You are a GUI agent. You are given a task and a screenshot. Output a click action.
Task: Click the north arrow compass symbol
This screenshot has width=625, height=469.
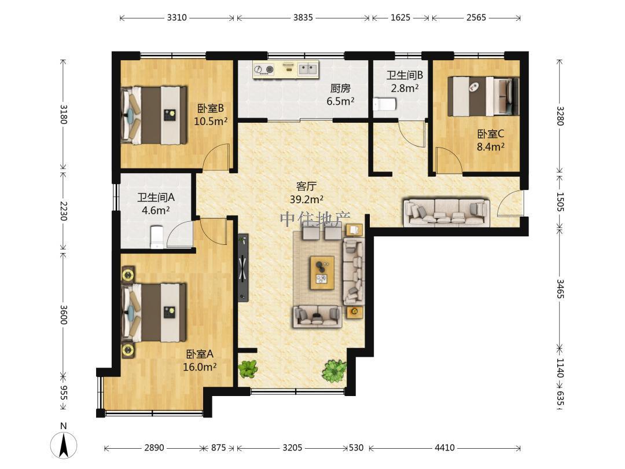coord(64,444)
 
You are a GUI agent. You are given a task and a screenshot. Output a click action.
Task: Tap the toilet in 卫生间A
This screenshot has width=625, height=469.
coord(156,237)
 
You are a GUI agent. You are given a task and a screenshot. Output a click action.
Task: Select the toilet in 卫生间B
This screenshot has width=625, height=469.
coord(384,104)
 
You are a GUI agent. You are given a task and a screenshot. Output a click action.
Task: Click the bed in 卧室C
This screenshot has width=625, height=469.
coord(483,96)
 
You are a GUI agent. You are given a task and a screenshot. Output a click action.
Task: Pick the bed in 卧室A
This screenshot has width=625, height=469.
coord(154,313)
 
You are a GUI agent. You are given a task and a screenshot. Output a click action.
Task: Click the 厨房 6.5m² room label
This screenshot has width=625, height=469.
coord(340,94)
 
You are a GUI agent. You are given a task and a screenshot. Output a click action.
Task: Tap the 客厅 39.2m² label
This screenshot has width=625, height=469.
coord(306,193)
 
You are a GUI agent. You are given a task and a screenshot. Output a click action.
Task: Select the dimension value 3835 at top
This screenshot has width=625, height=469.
coord(303,17)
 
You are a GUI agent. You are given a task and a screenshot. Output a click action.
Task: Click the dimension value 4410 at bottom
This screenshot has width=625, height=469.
coord(444,448)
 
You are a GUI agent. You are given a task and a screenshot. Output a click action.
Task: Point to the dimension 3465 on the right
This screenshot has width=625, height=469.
coord(560,289)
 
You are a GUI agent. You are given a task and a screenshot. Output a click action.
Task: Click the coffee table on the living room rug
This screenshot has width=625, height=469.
coord(322,273)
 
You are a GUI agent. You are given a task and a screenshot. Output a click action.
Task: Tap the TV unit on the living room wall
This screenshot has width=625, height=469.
coord(243,268)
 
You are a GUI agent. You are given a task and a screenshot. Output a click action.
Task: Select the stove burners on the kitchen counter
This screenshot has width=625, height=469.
coord(264,70)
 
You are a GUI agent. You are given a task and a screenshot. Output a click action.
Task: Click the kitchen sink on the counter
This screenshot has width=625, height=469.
coord(308,69)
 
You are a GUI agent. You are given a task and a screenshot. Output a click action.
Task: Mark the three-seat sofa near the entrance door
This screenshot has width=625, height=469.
coord(446,212)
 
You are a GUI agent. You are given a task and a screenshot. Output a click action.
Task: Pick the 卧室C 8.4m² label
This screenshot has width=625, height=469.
coord(491,140)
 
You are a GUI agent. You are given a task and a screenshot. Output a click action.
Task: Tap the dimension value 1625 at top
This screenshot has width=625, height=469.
coord(400,17)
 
